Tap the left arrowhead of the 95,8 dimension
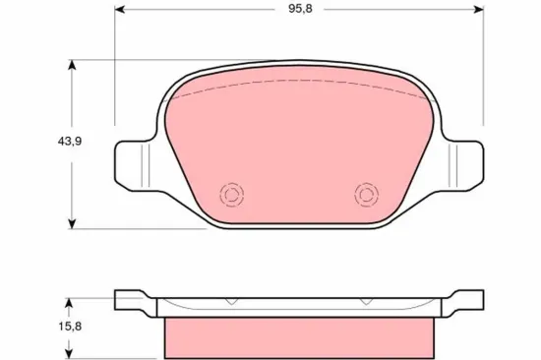(x=120, y=13)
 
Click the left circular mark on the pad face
(x=233, y=194)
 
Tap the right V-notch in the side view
(x=365, y=302)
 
